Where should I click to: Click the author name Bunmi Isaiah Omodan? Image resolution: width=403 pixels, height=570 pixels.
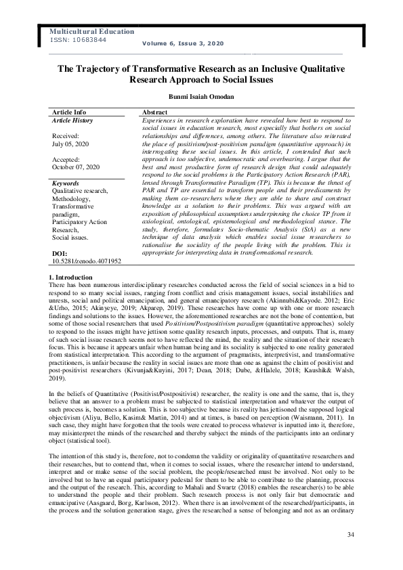(x=200, y=97)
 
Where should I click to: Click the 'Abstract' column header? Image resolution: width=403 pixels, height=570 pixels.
(x=155, y=112)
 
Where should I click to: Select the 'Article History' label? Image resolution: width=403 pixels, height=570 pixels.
(x=72, y=120)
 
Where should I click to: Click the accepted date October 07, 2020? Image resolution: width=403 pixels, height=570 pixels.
(x=76, y=167)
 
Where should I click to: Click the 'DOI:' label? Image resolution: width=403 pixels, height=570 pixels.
(x=60, y=253)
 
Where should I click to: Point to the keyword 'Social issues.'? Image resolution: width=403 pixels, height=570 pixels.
(x=70, y=238)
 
